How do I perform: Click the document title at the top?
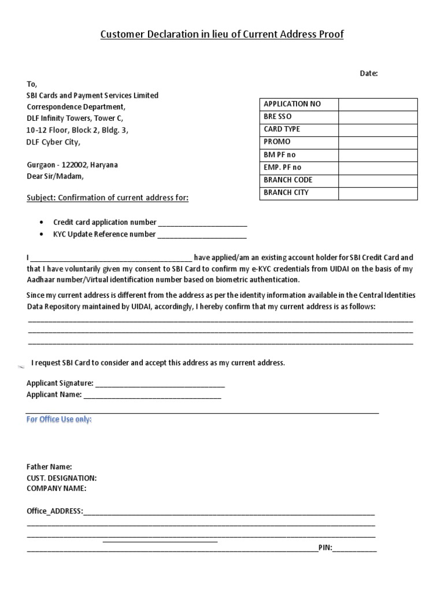tap(222, 35)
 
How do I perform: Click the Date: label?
tap(369, 73)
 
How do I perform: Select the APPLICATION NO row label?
tap(292, 104)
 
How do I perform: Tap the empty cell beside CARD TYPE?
tap(378, 129)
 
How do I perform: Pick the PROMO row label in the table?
tap(277, 142)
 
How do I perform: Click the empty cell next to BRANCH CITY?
tap(378, 193)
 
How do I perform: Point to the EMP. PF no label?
tap(282, 167)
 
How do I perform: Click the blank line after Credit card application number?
tap(202, 223)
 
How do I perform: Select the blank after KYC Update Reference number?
tap(202, 235)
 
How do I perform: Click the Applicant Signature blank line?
tap(160, 384)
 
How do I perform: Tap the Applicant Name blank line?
tap(152, 396)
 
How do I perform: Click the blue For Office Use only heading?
tap(59, 420)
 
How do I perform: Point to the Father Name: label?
tap(49, 467)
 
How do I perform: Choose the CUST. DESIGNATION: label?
tap(61, 478)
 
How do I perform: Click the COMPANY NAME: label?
tap(56, 489)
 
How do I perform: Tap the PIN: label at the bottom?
tap(325, 548)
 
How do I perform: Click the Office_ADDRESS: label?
tap(55, 512)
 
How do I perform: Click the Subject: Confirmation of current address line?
tap(108, 198)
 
